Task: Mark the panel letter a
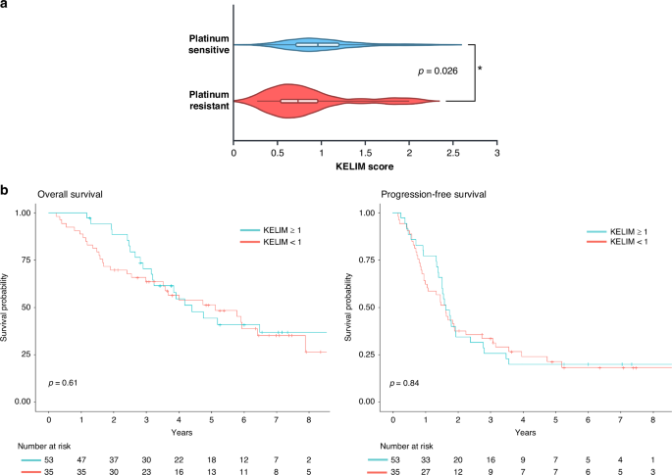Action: click(8, 8)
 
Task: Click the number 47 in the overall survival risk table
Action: click(81, 457)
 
